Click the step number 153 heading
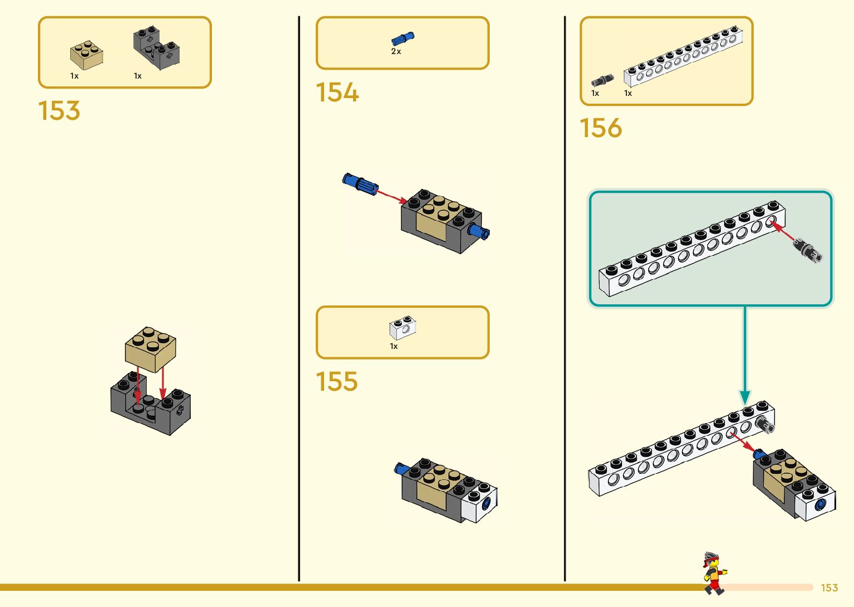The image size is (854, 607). (59, 110)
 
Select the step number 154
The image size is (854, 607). (337, 92)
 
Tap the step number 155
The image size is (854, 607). (336, 381)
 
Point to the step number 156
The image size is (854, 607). (601, 128)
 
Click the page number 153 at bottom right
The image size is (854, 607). (829, 587)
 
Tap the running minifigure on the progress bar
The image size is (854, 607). (713, 573)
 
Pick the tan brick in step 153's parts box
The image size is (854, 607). (86, 55)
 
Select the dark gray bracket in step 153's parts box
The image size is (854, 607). (156, 49)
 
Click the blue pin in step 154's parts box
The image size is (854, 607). (402, 38)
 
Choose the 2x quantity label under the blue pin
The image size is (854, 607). (396, 51)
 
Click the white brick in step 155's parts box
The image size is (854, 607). (403, 328)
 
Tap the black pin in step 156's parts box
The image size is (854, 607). (602, 81)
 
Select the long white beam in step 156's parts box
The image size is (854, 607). (683, 56)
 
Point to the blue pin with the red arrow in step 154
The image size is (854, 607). (360, 184)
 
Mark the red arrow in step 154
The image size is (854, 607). (392, 196)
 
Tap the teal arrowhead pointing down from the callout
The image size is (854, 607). (745, 397)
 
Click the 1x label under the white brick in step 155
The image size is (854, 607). (394, 346)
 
